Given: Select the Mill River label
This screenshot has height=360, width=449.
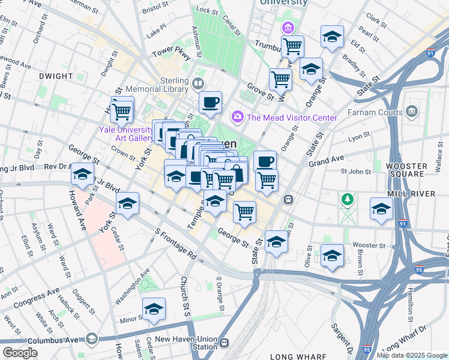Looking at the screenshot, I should (421, 194).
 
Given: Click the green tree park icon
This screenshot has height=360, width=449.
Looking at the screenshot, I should (346, 198).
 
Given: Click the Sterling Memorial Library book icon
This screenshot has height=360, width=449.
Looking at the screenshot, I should (197, 83).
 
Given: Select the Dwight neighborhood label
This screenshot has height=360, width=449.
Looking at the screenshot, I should (55, 77).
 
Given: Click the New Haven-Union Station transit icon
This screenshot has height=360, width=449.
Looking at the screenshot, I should (224, 343).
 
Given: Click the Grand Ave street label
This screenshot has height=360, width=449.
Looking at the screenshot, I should (326, 160).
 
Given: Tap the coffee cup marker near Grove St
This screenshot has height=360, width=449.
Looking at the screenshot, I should (210, 103).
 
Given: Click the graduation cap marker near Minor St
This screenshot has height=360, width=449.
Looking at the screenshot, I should (154, 309).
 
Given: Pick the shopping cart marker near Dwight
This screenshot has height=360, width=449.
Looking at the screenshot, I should (122, 110).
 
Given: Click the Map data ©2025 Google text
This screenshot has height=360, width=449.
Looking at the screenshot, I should (411, 355).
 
